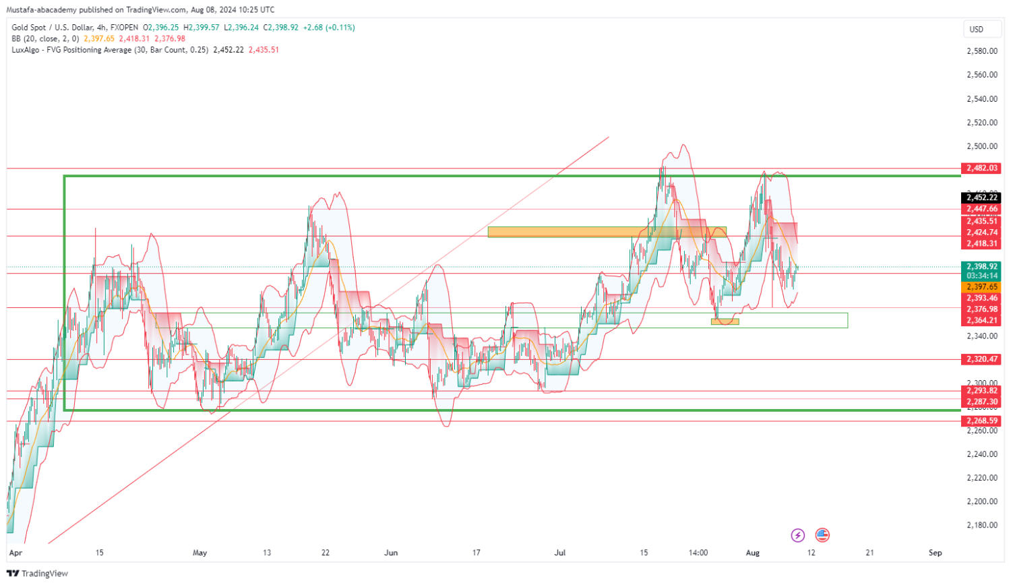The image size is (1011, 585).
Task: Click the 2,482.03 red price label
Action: (981, 168)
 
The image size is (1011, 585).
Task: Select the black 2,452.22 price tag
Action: (981, 197)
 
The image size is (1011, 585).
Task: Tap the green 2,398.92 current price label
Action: (981, 266)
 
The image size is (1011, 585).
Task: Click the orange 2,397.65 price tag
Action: (981, 286)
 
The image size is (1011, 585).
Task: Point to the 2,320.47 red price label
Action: (981, 359)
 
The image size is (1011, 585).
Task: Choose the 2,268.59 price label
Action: (981, 421)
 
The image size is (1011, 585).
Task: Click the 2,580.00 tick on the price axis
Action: (981, 51)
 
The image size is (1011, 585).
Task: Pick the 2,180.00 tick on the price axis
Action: (981, 525)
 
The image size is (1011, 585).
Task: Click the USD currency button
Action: (976, 29)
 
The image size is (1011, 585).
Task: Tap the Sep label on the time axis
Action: (935, 553)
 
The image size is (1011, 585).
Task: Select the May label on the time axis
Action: (200, 553)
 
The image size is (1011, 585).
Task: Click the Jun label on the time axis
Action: (391, 553)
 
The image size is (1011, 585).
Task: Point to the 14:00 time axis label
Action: (698, 553)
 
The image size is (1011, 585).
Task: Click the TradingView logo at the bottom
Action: (38, 574)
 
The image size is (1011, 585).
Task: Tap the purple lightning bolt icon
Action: (798, 536)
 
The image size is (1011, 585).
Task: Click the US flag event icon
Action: (822, 536)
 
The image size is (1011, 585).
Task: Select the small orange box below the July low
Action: (725, 321)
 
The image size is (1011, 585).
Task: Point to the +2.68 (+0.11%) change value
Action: (329, 28)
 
